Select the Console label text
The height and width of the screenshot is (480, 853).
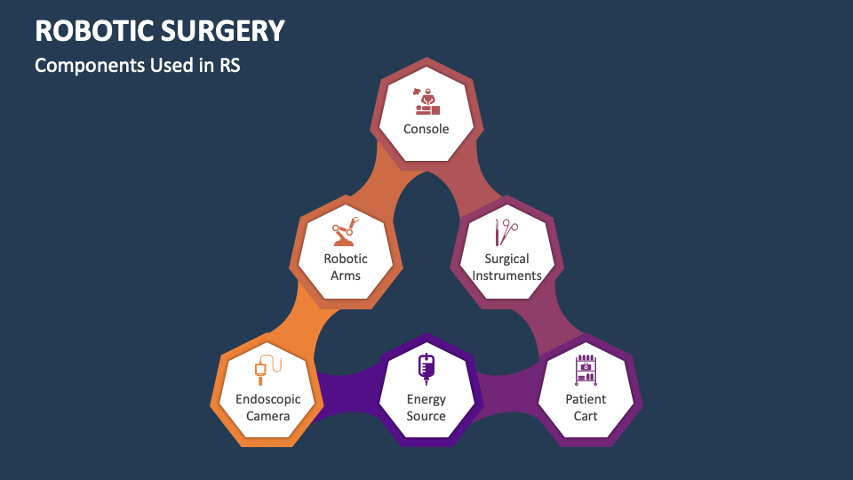tap(426, 129)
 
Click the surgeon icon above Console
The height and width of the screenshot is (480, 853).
tap(426, 100)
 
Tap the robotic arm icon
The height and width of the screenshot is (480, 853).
tap(346, 231)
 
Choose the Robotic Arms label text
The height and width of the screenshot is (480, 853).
tap(346, 267)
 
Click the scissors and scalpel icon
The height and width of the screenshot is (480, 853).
tap(506, 232)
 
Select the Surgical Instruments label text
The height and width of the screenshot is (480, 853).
tap(506, 267)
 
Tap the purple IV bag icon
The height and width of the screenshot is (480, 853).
tap(426, 366)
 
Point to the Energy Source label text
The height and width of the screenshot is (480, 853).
tap(426, 407)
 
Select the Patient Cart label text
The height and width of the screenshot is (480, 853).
tap(586, 407)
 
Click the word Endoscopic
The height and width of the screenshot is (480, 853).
tap(268, 399)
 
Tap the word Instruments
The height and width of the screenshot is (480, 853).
tap(506, 276)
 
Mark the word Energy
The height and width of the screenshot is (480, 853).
tap(426, 399)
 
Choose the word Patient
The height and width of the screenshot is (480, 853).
tap(586, 399)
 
